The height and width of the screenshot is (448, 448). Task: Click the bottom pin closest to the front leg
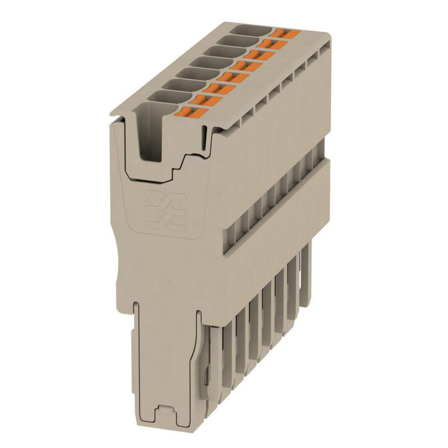(x=215, y=348)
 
